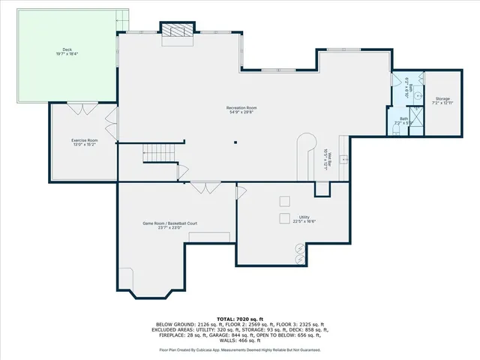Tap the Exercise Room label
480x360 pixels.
click(85, 140)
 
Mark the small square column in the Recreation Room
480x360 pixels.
click(235, 141)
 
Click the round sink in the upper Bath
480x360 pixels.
click(421, 79)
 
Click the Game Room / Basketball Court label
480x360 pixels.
click(170, 223)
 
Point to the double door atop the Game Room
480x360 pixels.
click(202, 187)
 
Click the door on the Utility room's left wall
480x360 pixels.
click(241, 193)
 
